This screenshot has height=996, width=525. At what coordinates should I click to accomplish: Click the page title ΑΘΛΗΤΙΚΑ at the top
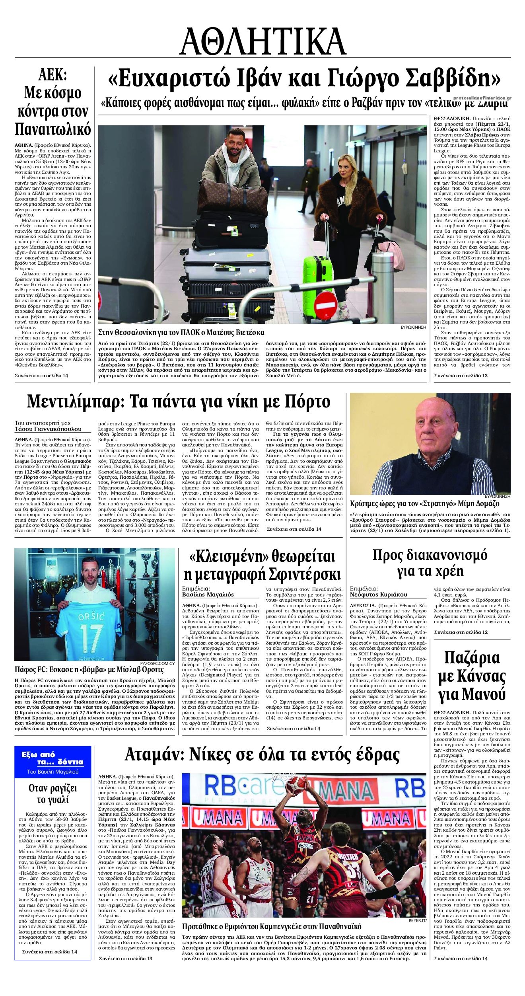pyautogui.click(x=262, y=41)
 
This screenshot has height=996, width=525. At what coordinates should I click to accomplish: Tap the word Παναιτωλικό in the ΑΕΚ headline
pyautogui.click(x=53, y=129)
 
